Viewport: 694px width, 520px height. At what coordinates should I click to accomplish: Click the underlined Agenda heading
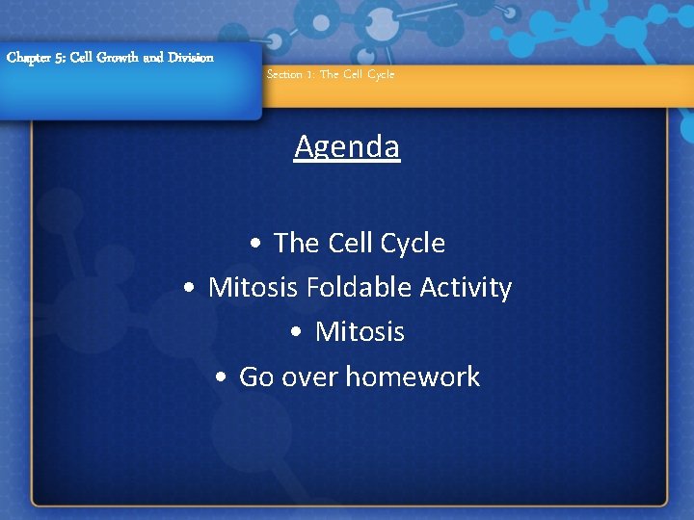(347, 147)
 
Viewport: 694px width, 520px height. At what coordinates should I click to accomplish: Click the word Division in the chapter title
(190, 58)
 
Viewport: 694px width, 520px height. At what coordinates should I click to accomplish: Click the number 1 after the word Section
(310, 74)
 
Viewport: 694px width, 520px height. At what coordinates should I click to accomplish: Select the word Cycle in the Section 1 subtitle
(380, 74)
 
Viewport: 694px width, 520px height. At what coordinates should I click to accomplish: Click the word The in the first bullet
(296, 244)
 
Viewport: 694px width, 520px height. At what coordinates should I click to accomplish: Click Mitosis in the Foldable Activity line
(254, 288)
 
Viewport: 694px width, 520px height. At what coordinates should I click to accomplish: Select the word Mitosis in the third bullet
(360, 332)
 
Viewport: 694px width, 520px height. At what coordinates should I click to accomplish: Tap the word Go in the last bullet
(256, 377)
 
